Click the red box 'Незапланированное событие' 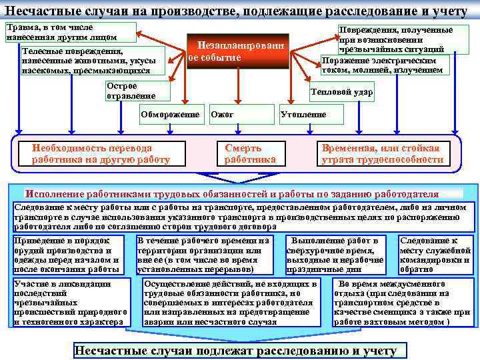(238, 51)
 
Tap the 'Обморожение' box (170, 114)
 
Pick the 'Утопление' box (303, 114)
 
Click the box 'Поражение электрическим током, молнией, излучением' (385, 65)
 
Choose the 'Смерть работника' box (247, 154)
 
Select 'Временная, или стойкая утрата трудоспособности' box (382, 154)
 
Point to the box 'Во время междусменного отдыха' (401, 302)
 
